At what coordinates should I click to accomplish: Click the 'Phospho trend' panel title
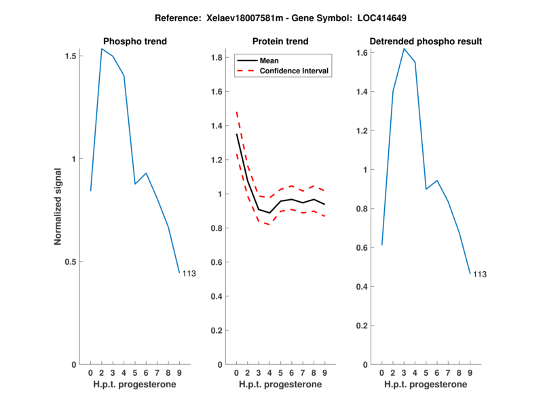coord(134,41)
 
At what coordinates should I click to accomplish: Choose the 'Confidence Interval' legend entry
coord(295,70)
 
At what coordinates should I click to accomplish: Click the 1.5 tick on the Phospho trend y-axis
coord(71,56)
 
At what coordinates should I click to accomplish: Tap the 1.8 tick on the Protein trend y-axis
coord(217,58)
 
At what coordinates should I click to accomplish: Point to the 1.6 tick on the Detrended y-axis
coord(362,52)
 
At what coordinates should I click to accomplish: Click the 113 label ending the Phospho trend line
coord(189,273)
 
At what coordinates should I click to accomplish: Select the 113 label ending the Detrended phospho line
coord(480,275)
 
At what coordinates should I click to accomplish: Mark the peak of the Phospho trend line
coord(102,49)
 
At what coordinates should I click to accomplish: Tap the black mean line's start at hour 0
coord(236,134)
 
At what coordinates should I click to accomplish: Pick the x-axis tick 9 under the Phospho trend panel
coord(179,372)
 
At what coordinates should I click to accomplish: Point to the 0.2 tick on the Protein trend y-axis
coord(217,330)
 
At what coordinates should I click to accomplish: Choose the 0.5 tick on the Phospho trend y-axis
coord(71,262)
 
